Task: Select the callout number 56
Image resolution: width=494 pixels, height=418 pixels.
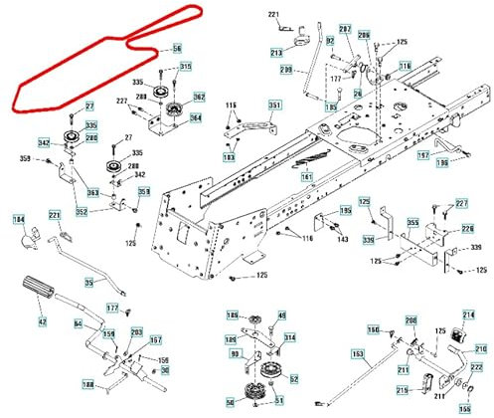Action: [177, 49]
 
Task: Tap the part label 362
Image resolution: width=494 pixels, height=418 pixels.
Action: [198, 97]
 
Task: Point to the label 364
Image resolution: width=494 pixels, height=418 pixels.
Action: [196, 118]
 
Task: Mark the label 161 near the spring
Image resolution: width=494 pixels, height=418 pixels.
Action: [307, 177]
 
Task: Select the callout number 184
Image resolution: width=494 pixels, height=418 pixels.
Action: [18, 218]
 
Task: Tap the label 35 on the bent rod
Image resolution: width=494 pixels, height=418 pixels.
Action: [87, 283]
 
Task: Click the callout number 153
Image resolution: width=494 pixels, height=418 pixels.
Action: [357, 353]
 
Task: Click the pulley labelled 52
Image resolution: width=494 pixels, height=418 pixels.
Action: [268, 378]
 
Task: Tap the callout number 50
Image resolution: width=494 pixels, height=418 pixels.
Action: [230, 400]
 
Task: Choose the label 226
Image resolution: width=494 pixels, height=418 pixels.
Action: [468, 230]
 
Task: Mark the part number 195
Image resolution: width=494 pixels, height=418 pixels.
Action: [345, 211]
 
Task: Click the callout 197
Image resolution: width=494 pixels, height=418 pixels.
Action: [421, 156]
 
